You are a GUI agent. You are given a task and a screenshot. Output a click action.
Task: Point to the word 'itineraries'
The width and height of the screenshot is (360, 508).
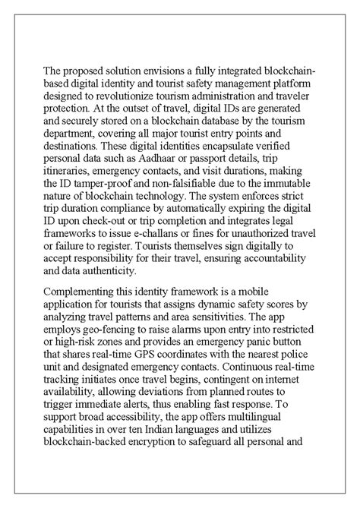[x=70, y=177]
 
